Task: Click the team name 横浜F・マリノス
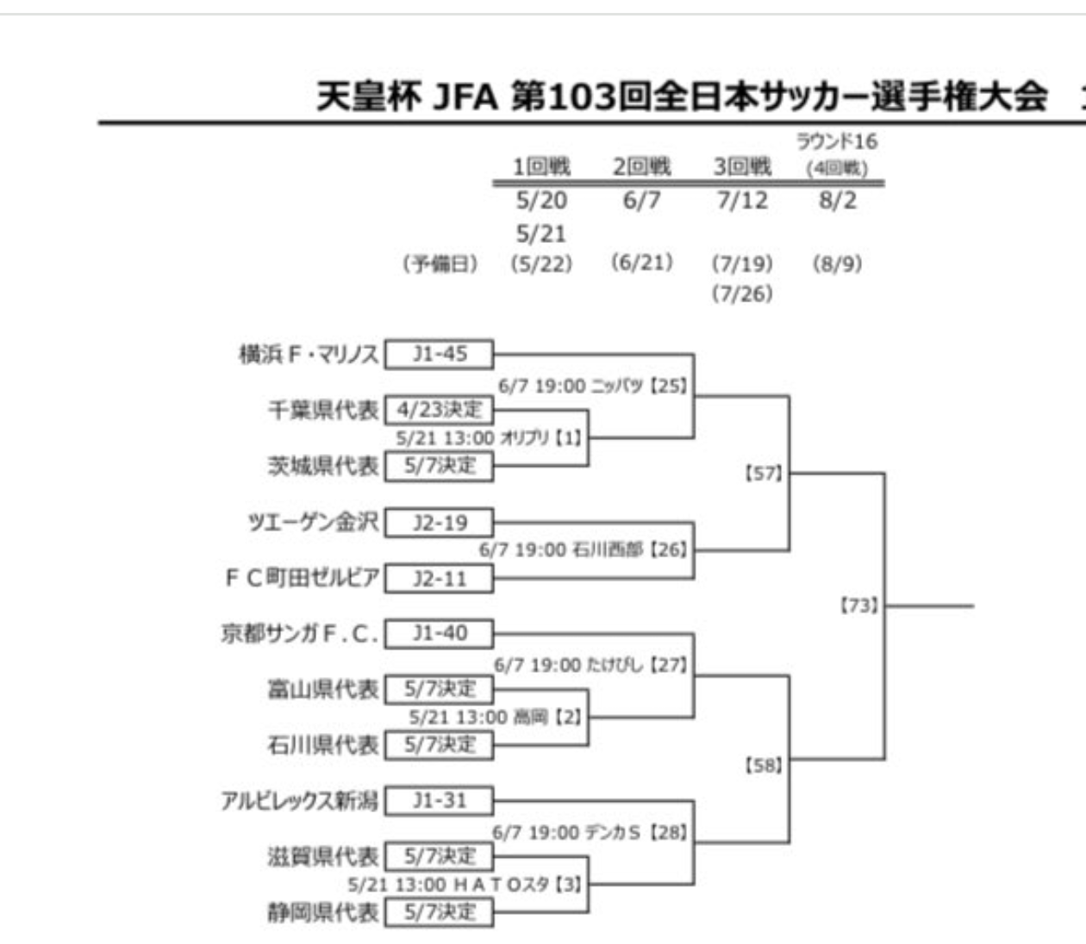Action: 309,354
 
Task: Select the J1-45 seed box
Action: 440,354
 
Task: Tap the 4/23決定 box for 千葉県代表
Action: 440,410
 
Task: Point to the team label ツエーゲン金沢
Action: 312,522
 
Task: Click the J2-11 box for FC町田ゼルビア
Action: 440,579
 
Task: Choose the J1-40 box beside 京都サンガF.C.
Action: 440,634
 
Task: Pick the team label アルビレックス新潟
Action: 299,801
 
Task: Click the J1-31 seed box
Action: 440,801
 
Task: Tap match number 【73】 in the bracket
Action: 858,606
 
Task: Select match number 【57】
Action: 763,473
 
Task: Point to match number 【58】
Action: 763,764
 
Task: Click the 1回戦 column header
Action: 541,166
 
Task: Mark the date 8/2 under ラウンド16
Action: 838,201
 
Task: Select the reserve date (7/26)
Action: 742,294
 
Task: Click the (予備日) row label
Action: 440,264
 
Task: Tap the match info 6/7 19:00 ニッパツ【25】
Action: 593,386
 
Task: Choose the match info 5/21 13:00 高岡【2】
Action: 496,717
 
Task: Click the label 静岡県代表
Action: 323,912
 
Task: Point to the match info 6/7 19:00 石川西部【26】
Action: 584,549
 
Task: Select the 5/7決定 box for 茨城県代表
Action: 440,466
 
